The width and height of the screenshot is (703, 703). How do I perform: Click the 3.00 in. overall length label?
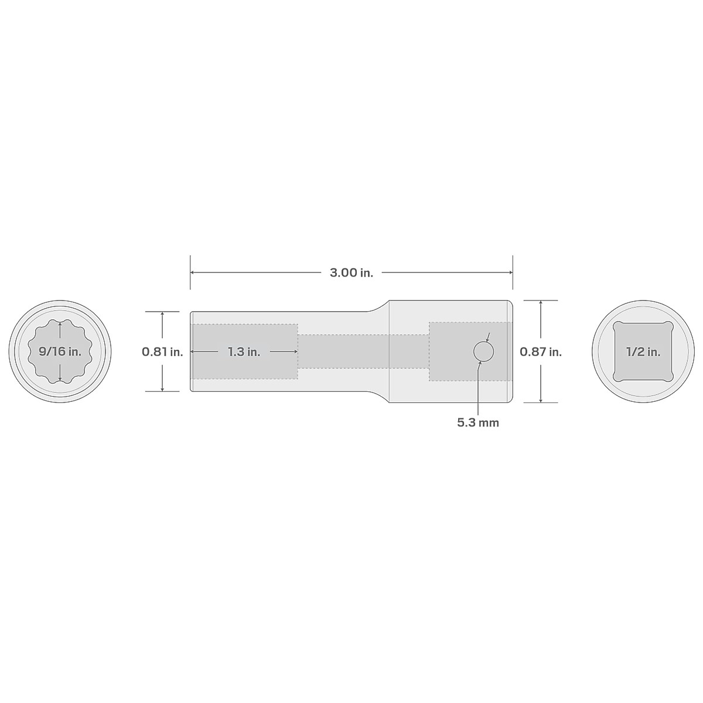(x=351, y=272)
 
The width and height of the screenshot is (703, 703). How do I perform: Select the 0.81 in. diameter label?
(x=162, y=351)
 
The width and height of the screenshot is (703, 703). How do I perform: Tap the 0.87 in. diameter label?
(x=541, y=351)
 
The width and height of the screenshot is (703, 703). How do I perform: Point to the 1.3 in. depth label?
(x=244, y=351)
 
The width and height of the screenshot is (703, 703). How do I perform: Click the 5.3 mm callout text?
(x=478, y=422)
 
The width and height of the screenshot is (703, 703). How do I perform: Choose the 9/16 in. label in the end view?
(x=60, y=351)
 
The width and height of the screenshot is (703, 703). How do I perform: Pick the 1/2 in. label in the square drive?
(x=643, y=351)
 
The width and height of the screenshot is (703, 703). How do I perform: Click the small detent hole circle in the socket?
(x=483, y=351)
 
